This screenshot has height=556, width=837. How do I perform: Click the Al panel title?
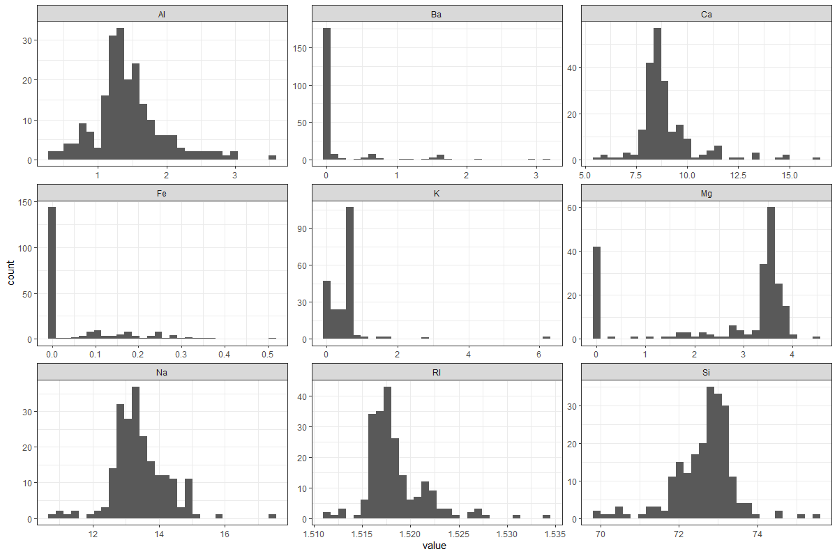pyautogui.click(x=162, y=13)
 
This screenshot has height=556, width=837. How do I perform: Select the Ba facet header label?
pyautogui.click(x=437, y=13)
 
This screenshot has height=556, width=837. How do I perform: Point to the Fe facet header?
pyautogui.click(x=162, y=192)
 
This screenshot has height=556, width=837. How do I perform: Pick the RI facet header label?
pyautogui.click(x=437, y=372)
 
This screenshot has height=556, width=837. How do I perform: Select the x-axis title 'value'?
pyautogui.click(x=435, y=546)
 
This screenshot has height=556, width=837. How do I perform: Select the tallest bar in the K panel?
pyautogui.click(x=349, y=273)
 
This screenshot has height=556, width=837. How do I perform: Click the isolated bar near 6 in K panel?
pyautogui.click(x=546, y=337)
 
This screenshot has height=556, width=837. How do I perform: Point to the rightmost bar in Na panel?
pyautogui.click(x=272, y=516)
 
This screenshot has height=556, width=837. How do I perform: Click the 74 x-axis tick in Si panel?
pyautogui.click(x=757, y=534)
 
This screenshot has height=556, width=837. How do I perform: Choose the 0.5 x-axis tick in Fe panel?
pyautogui.click(x=268, y=355)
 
